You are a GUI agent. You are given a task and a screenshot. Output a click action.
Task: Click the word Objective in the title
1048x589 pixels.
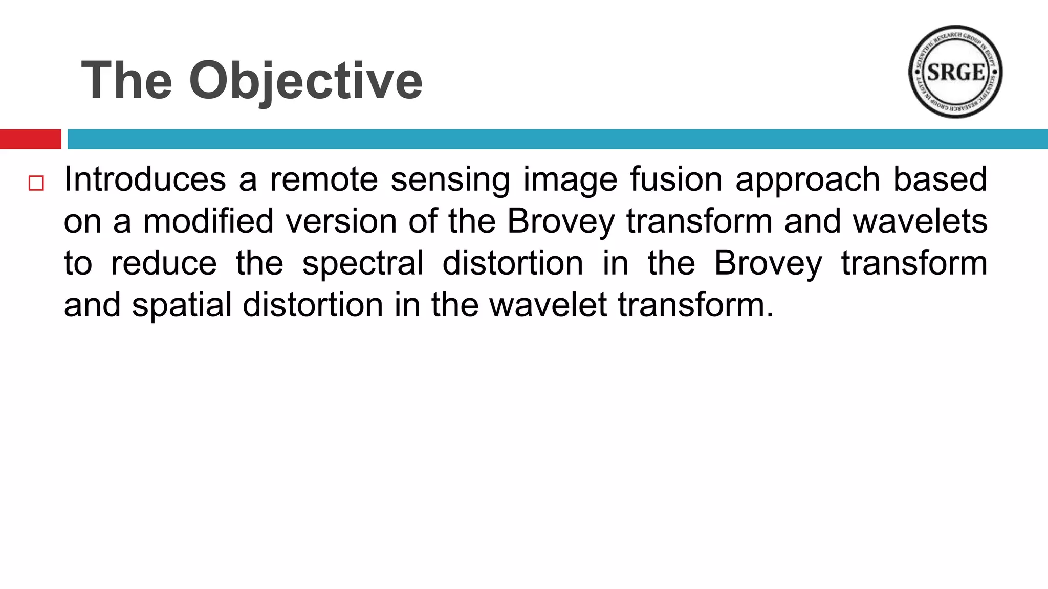point(305,81)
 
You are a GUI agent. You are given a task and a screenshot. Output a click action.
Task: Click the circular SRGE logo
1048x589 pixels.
point(955,72)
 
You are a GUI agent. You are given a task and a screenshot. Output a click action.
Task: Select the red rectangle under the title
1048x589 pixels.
point(30,139)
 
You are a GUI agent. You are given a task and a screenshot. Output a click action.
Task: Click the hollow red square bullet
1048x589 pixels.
point(36,183)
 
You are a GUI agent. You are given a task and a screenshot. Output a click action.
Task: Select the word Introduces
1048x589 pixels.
point(145,179)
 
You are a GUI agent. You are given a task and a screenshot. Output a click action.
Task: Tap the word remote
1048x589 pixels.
point(324,179)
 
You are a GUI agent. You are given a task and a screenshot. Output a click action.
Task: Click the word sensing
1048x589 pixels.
point(450,180)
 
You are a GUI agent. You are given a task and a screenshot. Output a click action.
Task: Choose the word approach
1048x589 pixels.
point(807,180)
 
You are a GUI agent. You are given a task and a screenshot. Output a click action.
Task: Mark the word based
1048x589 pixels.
point(940,179)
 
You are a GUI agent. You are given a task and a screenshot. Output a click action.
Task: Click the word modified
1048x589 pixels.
point(208,221)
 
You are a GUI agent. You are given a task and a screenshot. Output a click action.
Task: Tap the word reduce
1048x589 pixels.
point(164,263)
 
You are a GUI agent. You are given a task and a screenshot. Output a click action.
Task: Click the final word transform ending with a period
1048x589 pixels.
point(696,305)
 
